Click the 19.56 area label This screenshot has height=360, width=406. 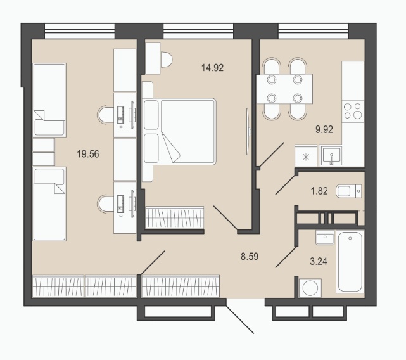pyautogui.click(x=88, y=154)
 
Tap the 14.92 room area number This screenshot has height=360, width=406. pyautogui.click(x=212, y=68)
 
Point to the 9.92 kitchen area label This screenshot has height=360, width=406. pyautogui.click(x=324, y=129)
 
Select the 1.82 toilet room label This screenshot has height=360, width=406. pyautogui.click(x=319, y=191)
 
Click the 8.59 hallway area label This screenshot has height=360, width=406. pyautogui.click(x=250, y=256)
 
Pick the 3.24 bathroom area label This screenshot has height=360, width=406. pyautogui.click(x=319, y=261)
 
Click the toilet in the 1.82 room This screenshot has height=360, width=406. pyautogui.click(x=348, y=191)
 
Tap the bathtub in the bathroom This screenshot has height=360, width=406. pyautogui.click(x=350, y=262)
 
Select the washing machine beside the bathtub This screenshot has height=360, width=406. pyautogui.click(x=310, y=288)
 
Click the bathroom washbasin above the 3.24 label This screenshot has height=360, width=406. pyautogui.click(x=325, y=238)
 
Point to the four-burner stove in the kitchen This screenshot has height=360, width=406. pyautogui.click(x=353, y=111)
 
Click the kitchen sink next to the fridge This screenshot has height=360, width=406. pyautogui.click(x=331, y=155)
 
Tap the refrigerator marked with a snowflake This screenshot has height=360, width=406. pyautogui.click(x=306, y=156)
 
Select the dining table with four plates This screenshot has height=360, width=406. pyautogui.click(x=284, y=89)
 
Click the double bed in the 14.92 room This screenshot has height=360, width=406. pyautogui.click(x=179, y=131)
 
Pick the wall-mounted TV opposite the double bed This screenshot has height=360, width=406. pyautogui.click(x=248, y=131)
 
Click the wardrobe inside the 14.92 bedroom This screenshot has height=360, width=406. pyautogui.click(x=175, y=217)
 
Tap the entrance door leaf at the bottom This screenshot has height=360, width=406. pyautogui.click(x=240, y=320)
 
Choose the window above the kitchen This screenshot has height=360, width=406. pyautogui.click(x=313, y=31)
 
